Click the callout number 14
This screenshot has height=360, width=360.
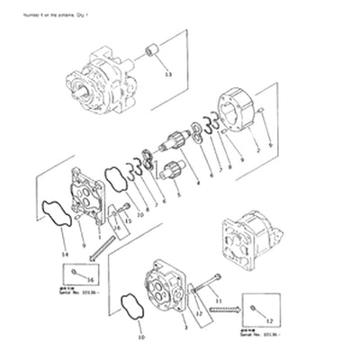coord(64,255)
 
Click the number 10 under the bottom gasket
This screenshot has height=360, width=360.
coord(140,338)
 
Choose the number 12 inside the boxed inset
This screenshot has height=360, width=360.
coord(266,320)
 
